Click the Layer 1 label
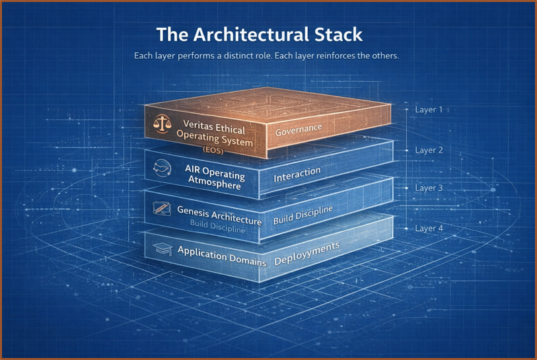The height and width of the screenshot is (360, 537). pos(429,110)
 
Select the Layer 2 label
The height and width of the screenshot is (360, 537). pos(429,150)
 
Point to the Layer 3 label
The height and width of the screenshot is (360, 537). pos(429,188)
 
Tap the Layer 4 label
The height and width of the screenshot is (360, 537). pos(429,229)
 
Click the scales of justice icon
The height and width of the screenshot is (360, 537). pos(161,124)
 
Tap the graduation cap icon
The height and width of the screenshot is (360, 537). pos(162,249)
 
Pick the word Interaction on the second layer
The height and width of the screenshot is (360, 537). pos(297,174)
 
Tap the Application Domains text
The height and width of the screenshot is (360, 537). pos(222,256)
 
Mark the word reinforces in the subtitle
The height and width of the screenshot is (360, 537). pos(334,56)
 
